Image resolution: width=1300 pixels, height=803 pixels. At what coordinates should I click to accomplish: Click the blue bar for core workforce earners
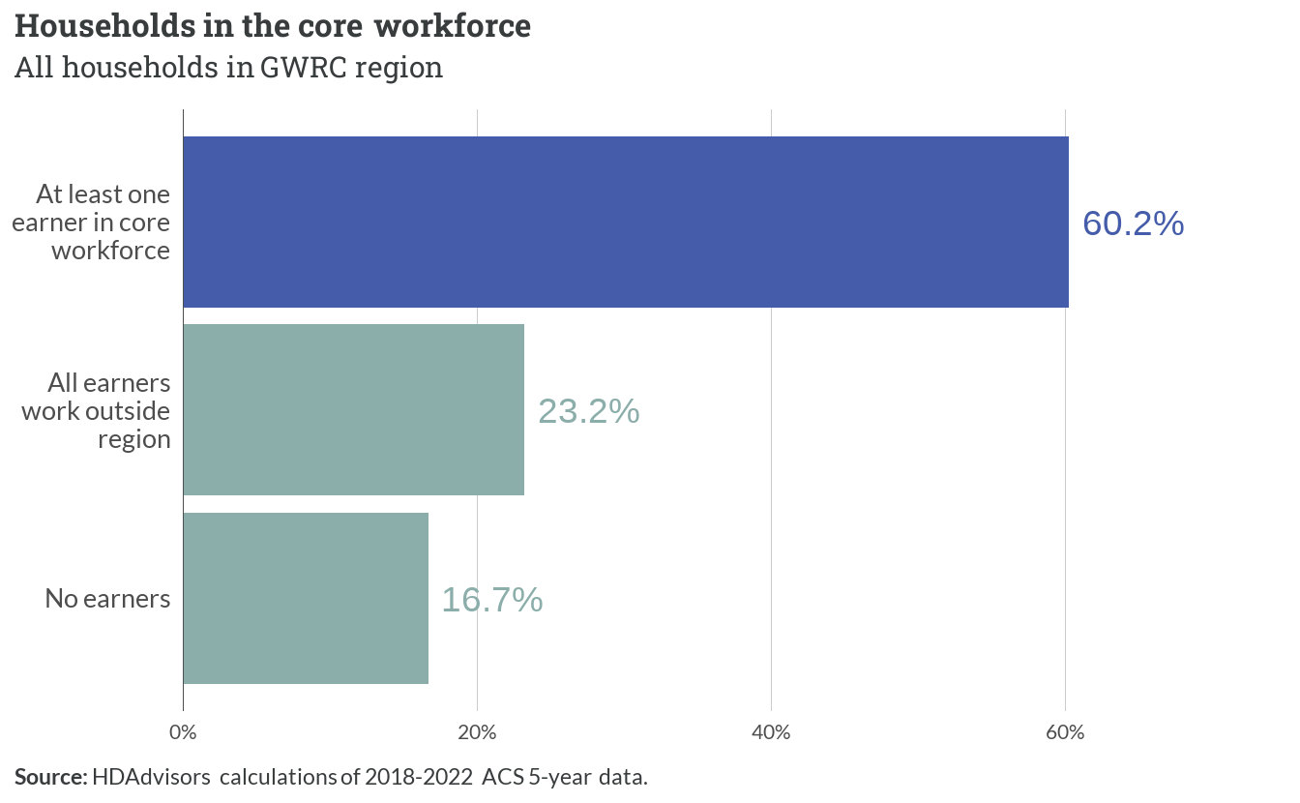[x=626, y=222]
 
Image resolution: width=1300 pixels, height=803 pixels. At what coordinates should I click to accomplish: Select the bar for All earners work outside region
[x=353, y=410]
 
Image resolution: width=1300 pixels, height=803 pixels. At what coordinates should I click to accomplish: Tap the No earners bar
[x=306, y=598]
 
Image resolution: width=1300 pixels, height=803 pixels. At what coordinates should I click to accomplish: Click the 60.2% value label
[x=1133, y=223]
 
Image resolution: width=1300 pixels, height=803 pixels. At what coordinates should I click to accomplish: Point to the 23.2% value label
[x=588, y=412]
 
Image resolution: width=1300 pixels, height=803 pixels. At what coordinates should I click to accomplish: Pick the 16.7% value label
[x=492, y=600]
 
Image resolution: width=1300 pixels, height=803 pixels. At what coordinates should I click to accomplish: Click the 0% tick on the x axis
[x=183, y=732]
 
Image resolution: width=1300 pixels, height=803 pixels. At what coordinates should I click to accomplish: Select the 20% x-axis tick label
[x=477, y=732]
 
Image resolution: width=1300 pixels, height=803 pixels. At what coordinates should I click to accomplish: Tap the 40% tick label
[x=771, y=732]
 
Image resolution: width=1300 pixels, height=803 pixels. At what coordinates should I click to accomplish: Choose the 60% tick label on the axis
[x=1065, y=732]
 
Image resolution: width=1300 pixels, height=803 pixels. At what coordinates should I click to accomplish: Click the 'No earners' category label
[x=107, y=599]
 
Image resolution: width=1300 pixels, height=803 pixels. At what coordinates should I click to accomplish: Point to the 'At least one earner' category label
[x=91, y=223]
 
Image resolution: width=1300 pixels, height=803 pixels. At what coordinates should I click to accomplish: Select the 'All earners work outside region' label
[x=96, y=411]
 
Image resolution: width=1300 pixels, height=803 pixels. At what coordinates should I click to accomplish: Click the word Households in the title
[x=105, y=26]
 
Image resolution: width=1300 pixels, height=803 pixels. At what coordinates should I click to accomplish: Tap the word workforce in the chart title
[x=453, y=26]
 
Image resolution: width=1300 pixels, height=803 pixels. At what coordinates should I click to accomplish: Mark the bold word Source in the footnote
[x=50, y=777]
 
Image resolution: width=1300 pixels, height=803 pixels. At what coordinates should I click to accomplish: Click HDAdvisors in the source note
[x=151, y=777]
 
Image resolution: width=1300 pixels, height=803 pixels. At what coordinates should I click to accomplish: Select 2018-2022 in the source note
[x=419, y=777]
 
